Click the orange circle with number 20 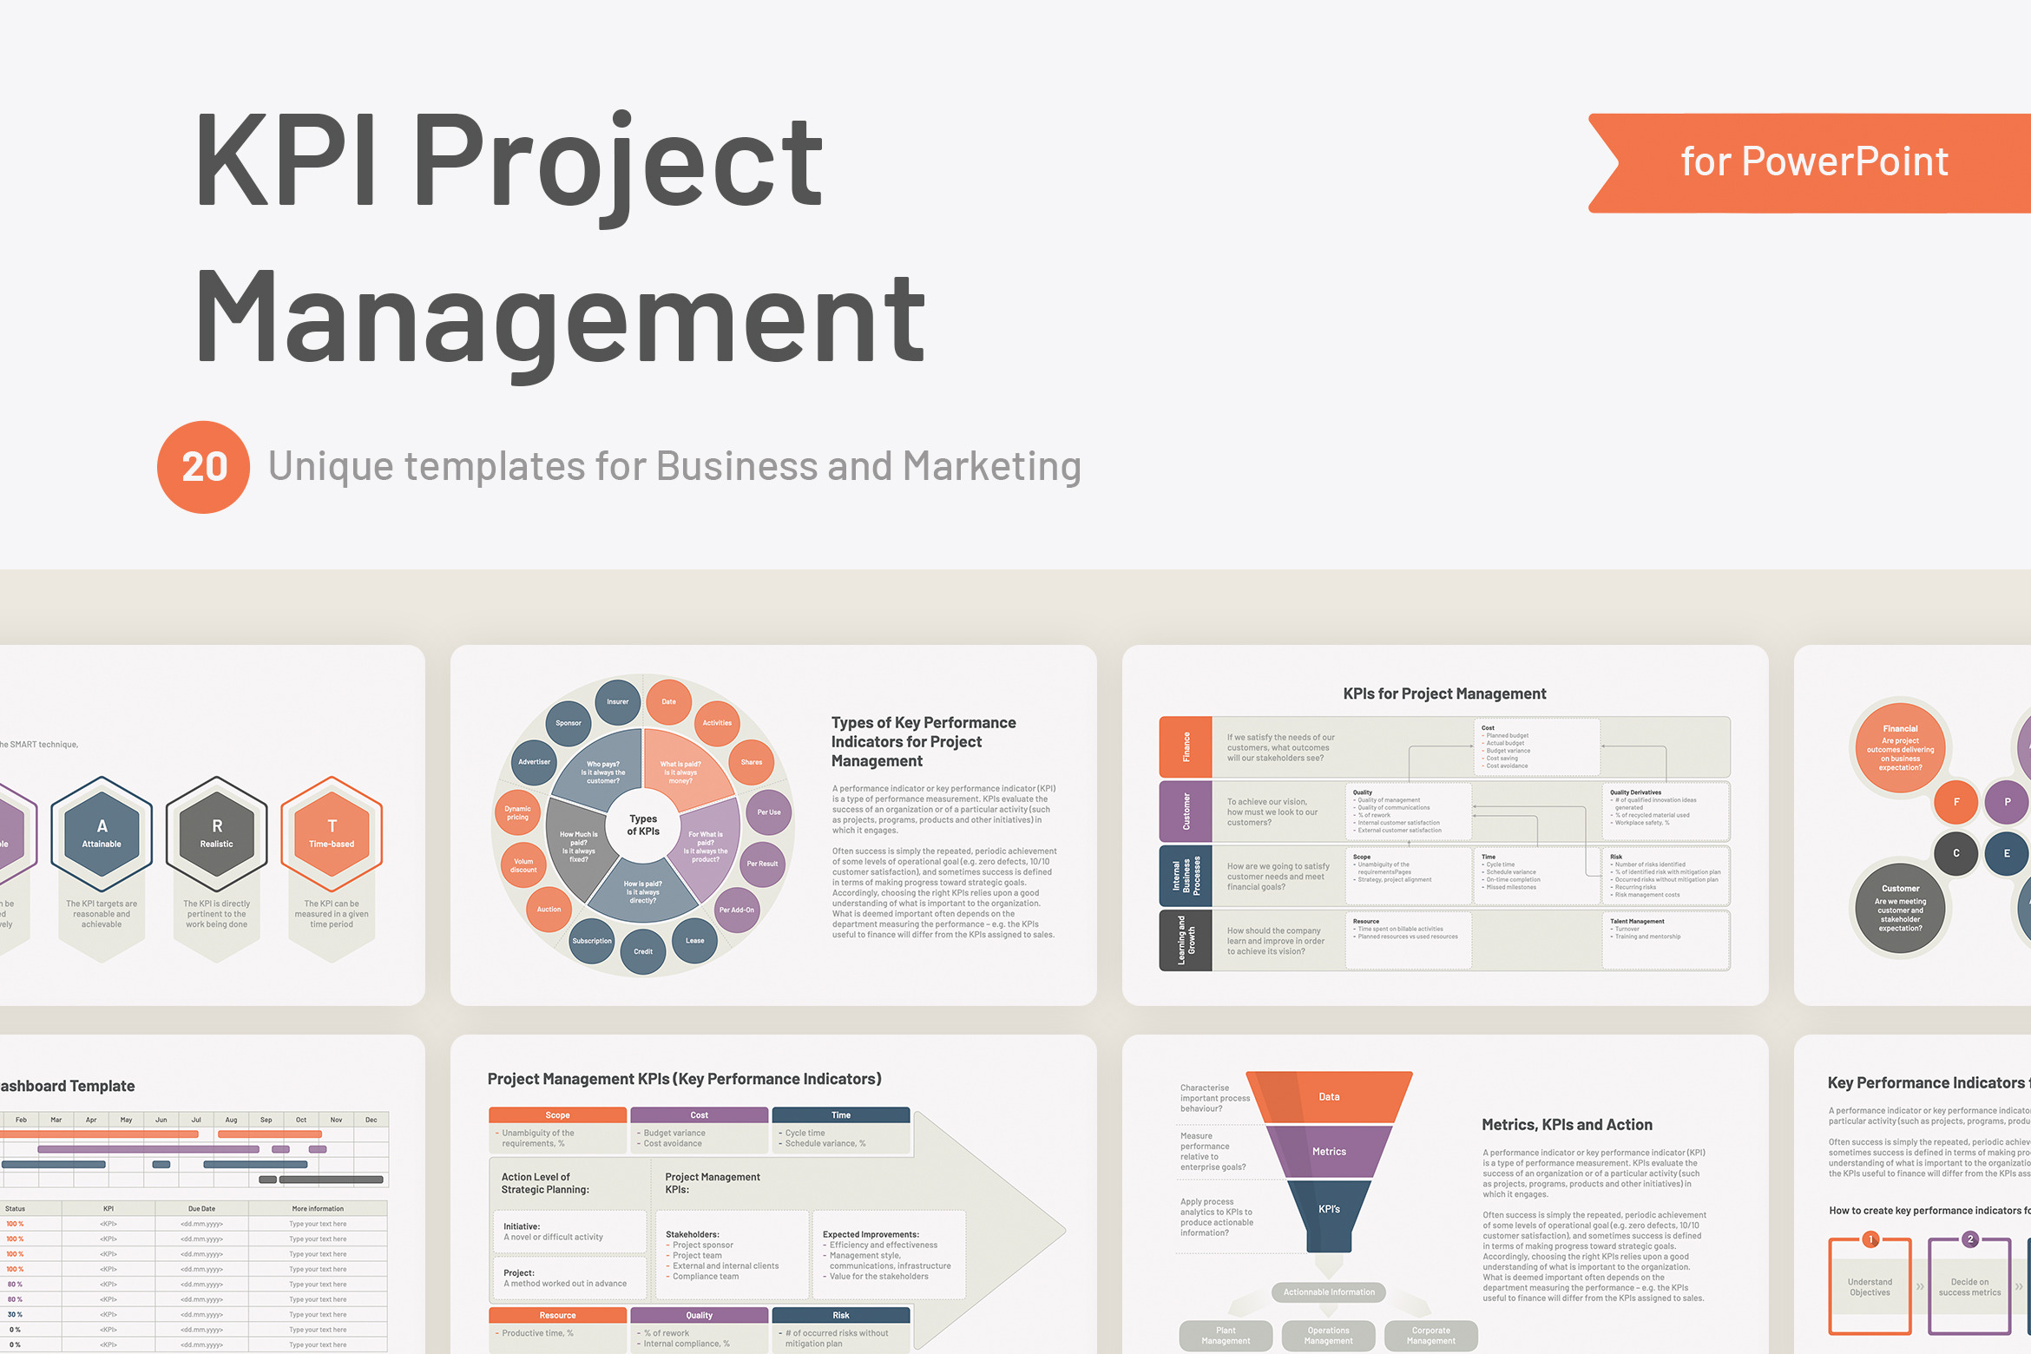click(203, 467)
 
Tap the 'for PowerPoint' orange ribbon click(1814, 162)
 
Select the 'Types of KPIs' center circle click(643, 825)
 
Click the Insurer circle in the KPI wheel click(618, 702)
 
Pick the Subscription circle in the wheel click(592, 941)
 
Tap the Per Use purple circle click(769, 812)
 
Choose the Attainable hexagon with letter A click(102, 833)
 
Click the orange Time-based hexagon click(332, 833)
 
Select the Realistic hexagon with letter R click(217, 833)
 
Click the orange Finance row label click(1186, 746)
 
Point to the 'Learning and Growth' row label click(1186, 940)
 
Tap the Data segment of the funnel click(1329, 1097)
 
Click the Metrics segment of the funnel click(1329, 1152)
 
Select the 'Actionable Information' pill click(1329, 1292)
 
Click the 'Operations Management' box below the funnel click(1328, 1336)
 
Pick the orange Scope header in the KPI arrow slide click(557, 1115)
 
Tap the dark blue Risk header click(841, 1315)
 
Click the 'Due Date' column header click(201, 1208)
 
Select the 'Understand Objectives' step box click(1870, 1286)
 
